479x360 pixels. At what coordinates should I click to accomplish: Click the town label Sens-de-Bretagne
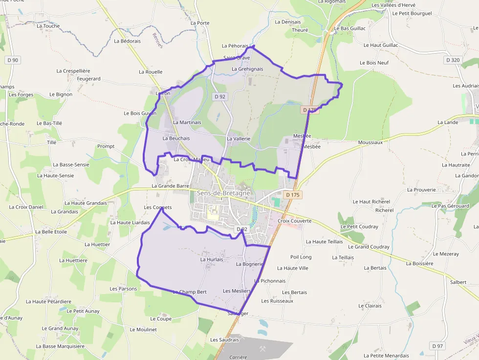(223, 193)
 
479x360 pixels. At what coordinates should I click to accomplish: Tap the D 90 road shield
(13, 60)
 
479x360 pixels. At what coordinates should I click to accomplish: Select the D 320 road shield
(453, 60)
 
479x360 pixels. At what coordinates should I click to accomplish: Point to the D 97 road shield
(437, 346)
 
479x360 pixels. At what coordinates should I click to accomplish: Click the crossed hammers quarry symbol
(262, 349)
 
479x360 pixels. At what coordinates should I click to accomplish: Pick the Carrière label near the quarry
(239, 357)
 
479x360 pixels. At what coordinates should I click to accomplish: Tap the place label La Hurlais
(212, 259)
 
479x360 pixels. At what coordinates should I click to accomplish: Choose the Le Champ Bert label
(190, 292)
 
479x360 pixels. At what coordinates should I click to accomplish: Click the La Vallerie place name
(239, 139)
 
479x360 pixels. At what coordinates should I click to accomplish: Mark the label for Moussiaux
(370, 142)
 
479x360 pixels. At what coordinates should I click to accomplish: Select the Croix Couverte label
(294, 221)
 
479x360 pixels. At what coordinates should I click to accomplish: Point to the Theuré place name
(300, 30)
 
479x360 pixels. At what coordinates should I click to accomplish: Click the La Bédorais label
(127, 41)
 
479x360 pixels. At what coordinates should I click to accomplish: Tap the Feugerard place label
(89, 79)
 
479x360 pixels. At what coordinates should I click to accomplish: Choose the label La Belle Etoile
(51, 232)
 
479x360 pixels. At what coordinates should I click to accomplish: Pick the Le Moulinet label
(143, 330)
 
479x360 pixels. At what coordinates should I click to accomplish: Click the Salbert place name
(458, 282)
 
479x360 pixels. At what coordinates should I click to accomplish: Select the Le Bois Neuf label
(374, 63)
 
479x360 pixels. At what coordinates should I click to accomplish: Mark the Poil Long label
(301, 257)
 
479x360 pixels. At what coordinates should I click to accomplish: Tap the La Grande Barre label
(170, 186)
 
